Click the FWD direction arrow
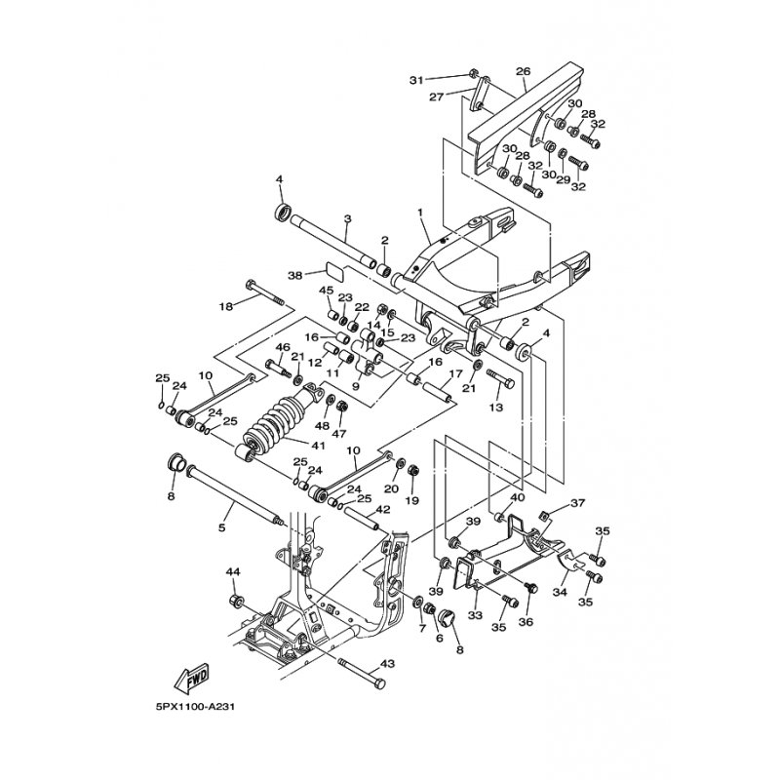click(192, 679)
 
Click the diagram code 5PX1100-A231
click(194, 707)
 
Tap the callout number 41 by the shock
click(318, 446)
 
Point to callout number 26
click(523, 71)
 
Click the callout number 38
click(295, 275)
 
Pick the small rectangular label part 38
click(335, 269)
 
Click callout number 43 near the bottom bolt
click(388, 663)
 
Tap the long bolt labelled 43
click(362, 674)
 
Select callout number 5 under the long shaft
click(222, 527)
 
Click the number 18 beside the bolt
click(226, 307)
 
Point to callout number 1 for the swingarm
click(420, 213)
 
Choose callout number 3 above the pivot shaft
click(348, 218)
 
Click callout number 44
click(233, 572)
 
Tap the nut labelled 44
click(236, 601)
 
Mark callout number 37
click(578, 503)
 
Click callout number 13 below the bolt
click(496, 408)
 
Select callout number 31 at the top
click(417, 80)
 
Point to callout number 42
click(383, 509)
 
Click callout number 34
click(560, 593)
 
